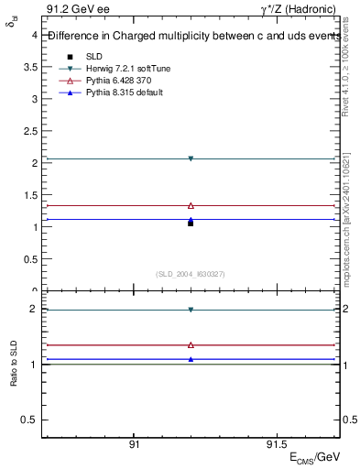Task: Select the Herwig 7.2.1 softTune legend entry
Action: (x=111, y=69)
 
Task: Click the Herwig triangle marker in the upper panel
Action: (x=191, y=158)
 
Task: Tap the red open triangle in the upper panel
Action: (x=191, y=205)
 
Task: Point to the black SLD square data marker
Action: (x=191, y=223)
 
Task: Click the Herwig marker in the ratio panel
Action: (x=191, y=310)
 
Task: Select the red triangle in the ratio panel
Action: (x=191, y=345)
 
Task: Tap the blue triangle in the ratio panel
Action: (x=191, y=359)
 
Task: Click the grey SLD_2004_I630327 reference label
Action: (x=191, y=274)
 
